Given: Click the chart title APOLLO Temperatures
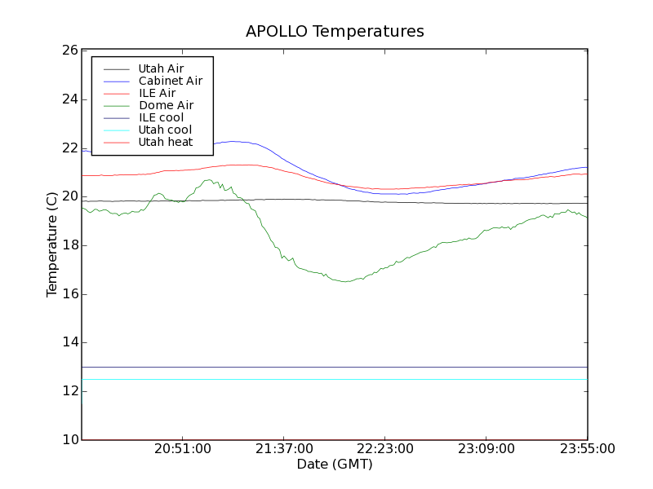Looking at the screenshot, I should click(335, 32).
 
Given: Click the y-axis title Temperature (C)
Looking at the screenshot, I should click(52, 244).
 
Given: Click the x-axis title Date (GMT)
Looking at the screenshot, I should click(335, 464).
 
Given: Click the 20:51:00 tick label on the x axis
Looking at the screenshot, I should click(183, 448).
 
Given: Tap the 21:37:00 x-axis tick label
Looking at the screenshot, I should click(284, 448).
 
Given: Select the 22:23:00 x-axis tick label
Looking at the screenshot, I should click(385, 448).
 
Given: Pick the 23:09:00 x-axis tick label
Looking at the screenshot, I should click(486, 448).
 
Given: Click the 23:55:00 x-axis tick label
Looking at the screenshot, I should click(587, 448).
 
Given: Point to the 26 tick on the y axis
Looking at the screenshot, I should click(69, 51).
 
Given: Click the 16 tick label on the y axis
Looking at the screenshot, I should click(69, 293).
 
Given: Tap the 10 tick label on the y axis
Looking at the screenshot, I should click(69, 439).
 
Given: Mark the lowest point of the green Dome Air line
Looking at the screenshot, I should click(346, 281).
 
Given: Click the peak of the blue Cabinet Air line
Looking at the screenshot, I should click(234, 141).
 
